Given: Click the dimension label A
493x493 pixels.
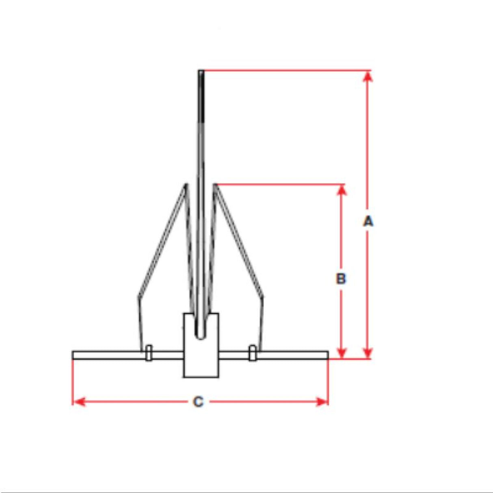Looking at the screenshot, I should pyautogui.click(x=368, y=221).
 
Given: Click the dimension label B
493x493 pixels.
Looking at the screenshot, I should pyautogui.click(x=341, y=279).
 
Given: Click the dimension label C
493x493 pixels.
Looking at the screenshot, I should pyautogui.click(x=198, y=402).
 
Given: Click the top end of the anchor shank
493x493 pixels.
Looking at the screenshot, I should pyautogui.click(x=201, y=72).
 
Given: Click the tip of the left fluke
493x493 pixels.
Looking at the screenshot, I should pyautogui.click(x=186, y=185).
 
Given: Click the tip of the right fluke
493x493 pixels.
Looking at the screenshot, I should pyautogui.click(x=215, y=185).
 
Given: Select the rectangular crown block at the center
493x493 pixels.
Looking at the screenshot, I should pyautogui.click(x=201, y=357).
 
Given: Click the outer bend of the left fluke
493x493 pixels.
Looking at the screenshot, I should pyautogui.click(x=138, y=296).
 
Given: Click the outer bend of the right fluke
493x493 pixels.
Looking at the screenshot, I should pyautogui.click(x=262, y=296).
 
